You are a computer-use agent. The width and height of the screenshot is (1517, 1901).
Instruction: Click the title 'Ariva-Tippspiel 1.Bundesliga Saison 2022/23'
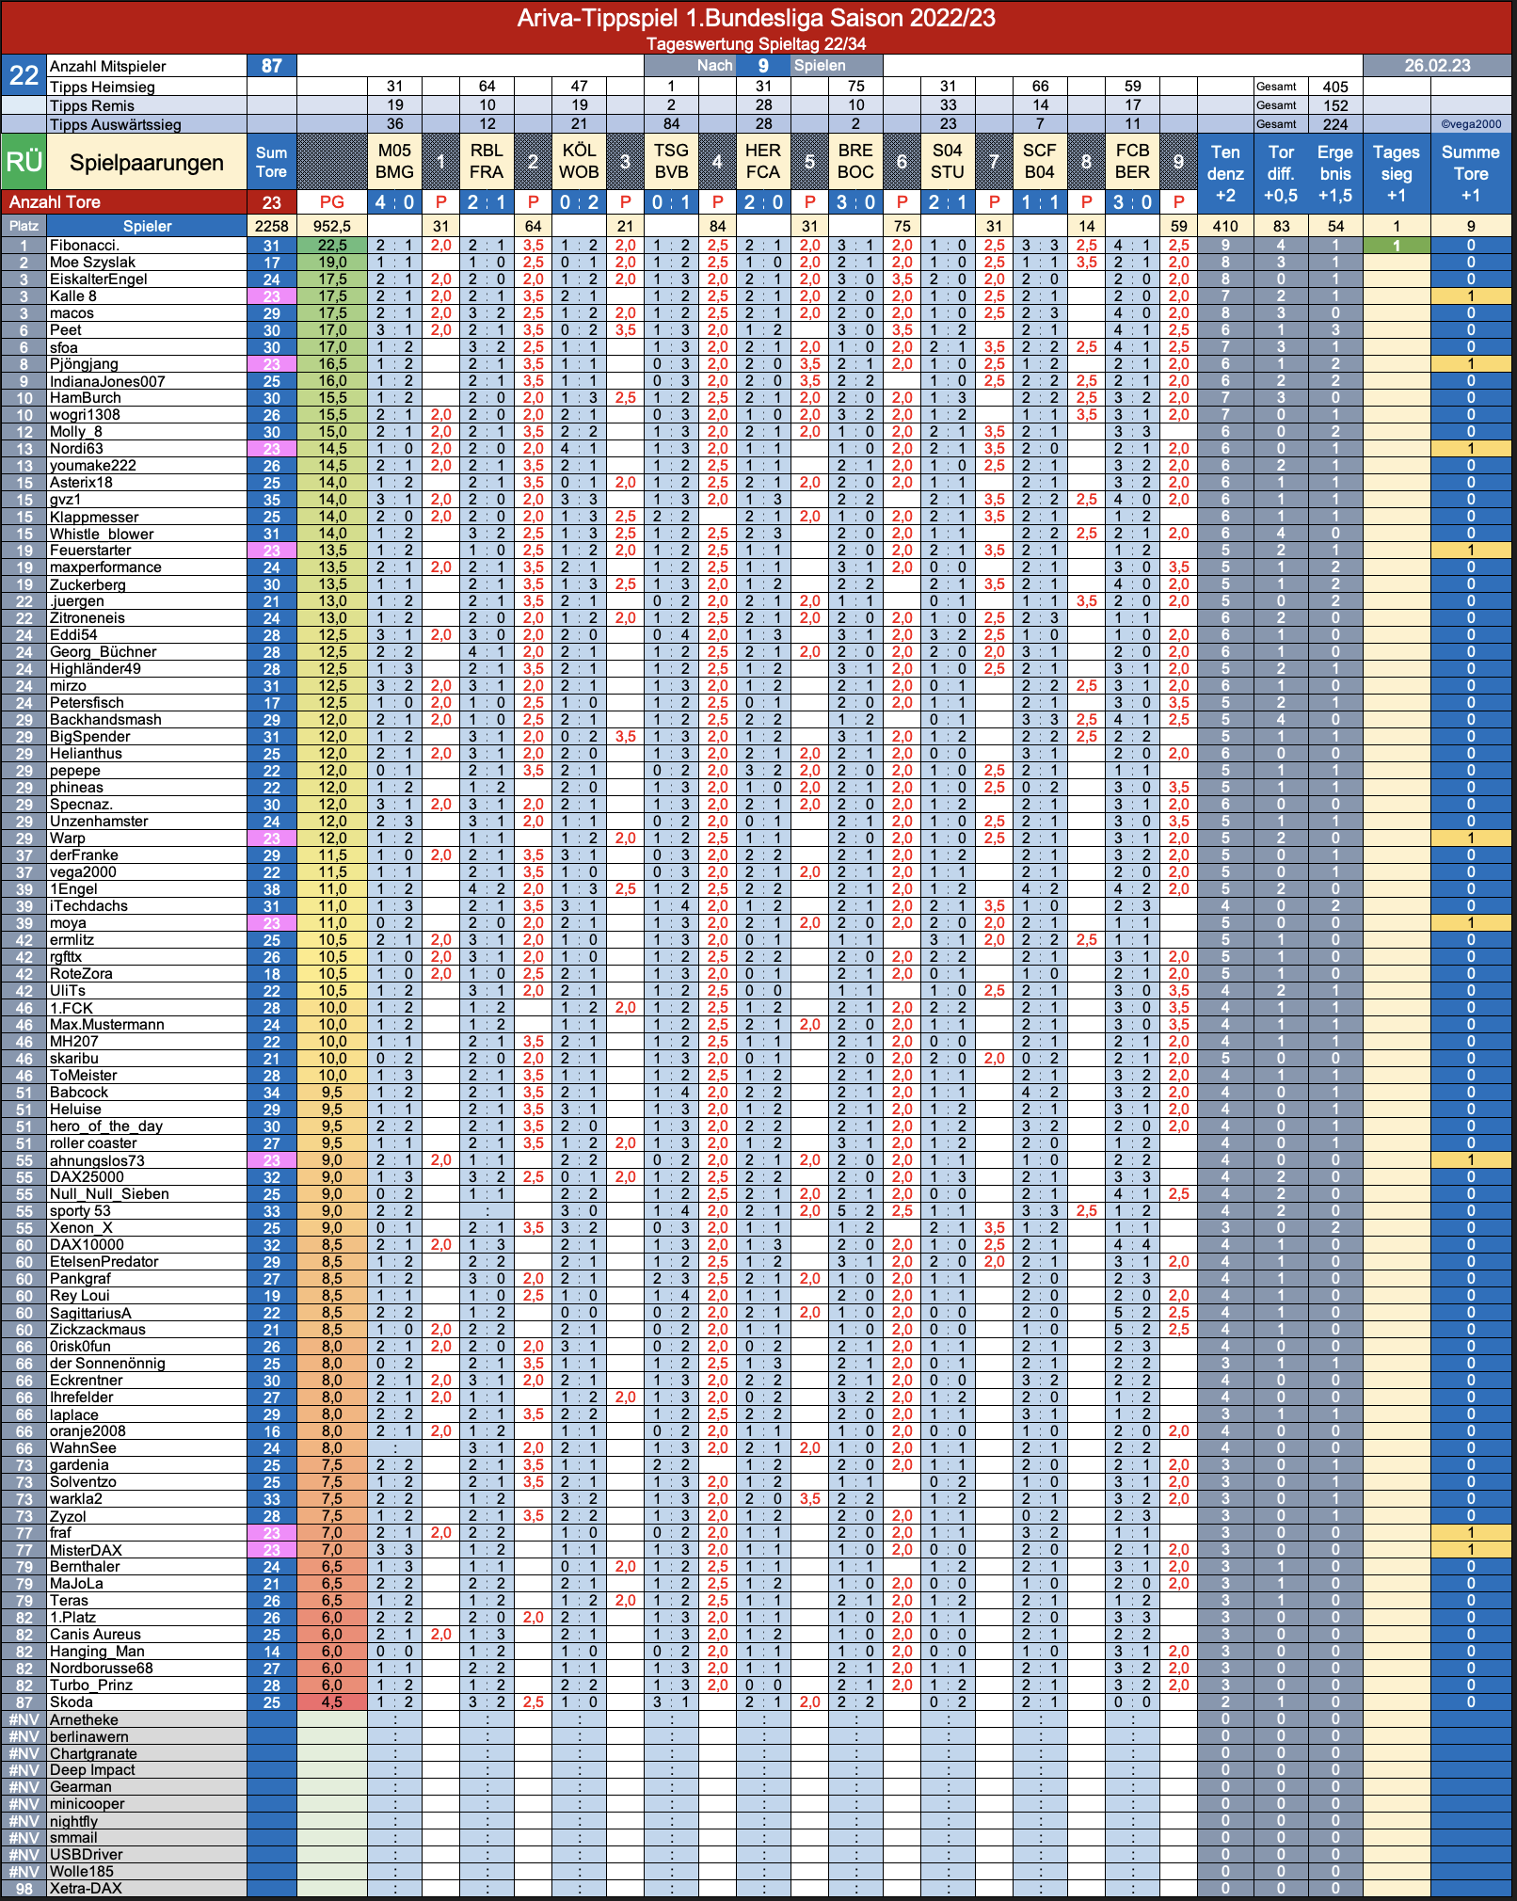click(757, 18)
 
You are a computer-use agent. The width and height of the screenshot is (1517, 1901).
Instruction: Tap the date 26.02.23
click(1437, 66)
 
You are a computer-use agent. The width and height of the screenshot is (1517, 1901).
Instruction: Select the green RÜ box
click(24, 162)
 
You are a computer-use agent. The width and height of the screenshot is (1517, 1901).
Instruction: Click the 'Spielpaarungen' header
click(147, 163)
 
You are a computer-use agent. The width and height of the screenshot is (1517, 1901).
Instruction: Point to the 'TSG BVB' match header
click(671, 161)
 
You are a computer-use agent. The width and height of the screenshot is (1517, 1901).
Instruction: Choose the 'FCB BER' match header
click(1132, 161)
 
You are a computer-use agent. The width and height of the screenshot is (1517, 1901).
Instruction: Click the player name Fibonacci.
click(85, 246)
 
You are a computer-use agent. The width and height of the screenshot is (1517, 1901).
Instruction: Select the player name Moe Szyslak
click(92, 263)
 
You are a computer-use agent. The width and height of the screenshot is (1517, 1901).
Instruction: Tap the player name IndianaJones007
click(107, 381)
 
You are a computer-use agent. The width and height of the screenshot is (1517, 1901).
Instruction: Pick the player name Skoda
click(72, 1701)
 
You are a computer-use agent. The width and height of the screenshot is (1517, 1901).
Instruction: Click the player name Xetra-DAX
click(86, 1888)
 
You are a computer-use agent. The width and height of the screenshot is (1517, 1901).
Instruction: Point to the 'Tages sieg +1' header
click(1397, 173)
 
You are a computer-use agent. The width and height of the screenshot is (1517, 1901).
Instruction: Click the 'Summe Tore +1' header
click(1471, 173)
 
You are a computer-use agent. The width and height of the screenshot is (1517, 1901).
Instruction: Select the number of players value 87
click(272, 66)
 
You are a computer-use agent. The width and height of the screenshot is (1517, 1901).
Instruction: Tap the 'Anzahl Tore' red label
click(55, 201)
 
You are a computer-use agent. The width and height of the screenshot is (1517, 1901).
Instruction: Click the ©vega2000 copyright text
click(1471, 124)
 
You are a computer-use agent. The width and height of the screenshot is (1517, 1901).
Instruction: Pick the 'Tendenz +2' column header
click(1225, 173)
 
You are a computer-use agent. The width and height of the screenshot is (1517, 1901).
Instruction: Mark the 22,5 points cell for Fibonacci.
click(332, 246)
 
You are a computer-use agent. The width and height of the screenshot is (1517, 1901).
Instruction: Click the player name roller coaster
click(93, 1143)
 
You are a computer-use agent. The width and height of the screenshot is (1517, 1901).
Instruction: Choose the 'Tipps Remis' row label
click(92, 105)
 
